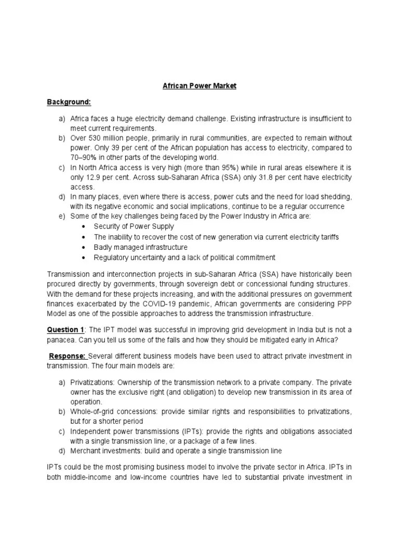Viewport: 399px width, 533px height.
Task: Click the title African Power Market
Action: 199,85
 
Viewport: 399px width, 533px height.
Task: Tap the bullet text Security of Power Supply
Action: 134,227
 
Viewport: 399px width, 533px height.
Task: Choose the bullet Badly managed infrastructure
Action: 141,247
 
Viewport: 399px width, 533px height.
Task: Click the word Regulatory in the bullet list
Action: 111,258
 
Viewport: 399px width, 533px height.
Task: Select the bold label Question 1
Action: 65,329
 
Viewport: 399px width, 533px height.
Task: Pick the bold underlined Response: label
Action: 68,356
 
